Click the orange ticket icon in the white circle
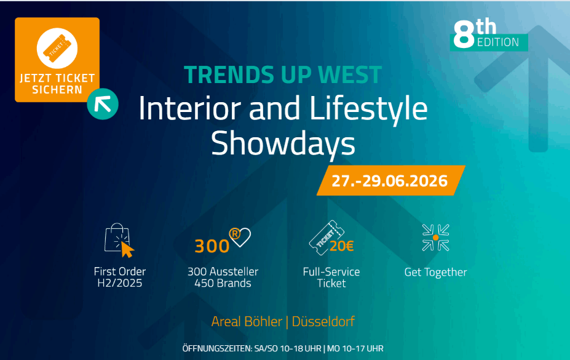click(57, 48)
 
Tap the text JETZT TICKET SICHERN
click(57, 84)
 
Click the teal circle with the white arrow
click(103, 104)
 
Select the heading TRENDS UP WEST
click(283, 74)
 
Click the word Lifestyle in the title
click(368, 109)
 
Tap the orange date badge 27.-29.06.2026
click(391, 180)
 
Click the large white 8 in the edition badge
click(464, 34)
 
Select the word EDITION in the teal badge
click(498, 42)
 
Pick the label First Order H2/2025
click(120, 277)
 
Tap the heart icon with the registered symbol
click(240, 237)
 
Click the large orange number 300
click(212, 246)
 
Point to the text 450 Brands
click(223, 283)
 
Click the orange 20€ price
click(342, 246)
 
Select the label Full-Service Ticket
click(331, 278)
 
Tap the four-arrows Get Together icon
click(435, 238)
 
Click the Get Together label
click(435, 273)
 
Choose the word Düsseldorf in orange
click(323, 321)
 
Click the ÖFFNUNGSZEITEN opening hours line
click(283, 348)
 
